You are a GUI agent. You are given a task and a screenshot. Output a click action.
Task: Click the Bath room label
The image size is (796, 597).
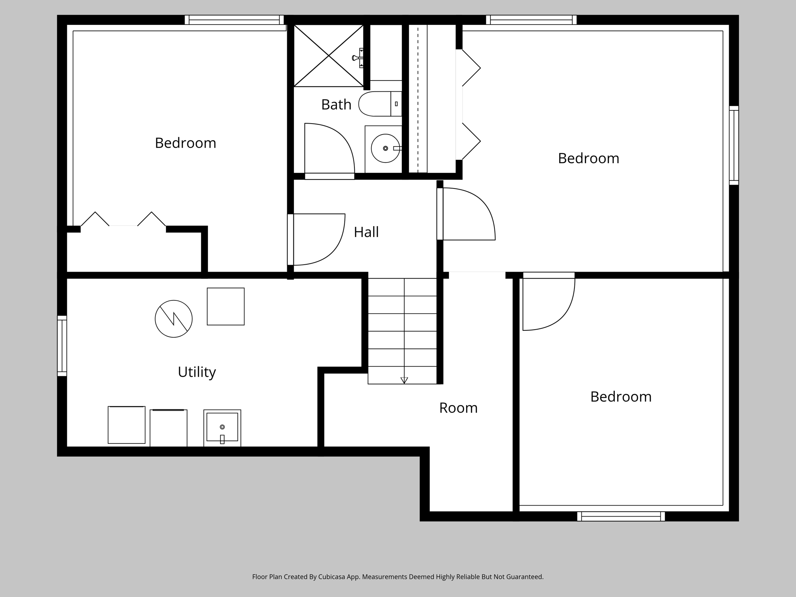pos(336,105)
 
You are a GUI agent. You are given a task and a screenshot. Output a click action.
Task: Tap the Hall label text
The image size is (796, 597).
pos(366,232)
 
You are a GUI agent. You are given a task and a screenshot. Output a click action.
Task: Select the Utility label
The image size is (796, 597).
pos(197,372)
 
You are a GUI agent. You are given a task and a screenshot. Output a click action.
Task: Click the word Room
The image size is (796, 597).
pos(458,408)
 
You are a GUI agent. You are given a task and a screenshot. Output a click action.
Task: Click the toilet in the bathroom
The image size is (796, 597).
pos(379,104)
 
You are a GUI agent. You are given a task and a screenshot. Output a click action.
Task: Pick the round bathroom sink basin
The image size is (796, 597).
pos(385,148)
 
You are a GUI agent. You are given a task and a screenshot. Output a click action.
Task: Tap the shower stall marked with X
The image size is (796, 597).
pos(328,56)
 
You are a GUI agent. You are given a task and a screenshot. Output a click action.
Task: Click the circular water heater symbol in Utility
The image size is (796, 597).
pos(174,319)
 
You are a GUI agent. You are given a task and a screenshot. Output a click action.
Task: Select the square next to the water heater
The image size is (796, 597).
pos(225,306)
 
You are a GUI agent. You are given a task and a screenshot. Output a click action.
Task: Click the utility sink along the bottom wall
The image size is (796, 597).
pos(222,428)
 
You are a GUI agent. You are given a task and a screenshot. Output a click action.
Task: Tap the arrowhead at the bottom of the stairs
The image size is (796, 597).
pos(404,380)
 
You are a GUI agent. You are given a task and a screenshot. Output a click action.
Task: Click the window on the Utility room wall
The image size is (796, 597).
pos(62,346)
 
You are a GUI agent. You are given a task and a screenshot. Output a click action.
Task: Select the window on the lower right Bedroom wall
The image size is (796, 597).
pos(621,516)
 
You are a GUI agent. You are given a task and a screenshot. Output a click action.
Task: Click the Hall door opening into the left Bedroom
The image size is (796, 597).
pos(317,239)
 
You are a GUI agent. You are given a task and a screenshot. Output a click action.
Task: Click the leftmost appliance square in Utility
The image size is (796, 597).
pos(126,425)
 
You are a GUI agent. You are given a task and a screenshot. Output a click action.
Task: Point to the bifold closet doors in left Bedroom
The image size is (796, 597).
pos(123,220)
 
